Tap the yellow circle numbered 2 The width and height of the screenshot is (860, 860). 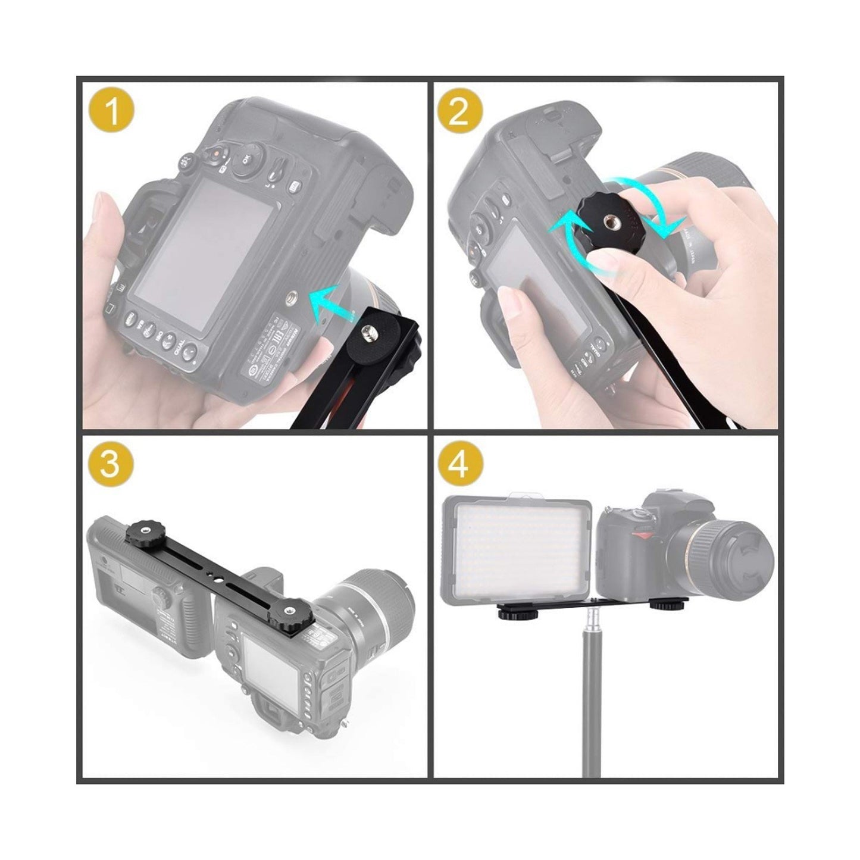(x=458, y=111)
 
